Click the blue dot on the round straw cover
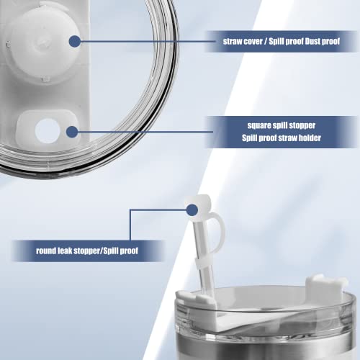tap(75, 41)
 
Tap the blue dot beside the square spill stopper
tap(72, 132)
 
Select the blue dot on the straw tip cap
tap(192, 210)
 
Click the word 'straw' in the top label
tap(233, 41)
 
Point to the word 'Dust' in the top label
tap(312, 41)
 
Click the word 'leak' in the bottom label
tap(65, 251)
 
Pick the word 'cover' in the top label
tap(253, 41)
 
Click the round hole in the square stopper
tap(48, 131)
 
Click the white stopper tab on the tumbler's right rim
tap(326, 287)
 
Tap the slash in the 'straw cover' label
tap(266, 41)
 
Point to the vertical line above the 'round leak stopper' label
tap(130, 225)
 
